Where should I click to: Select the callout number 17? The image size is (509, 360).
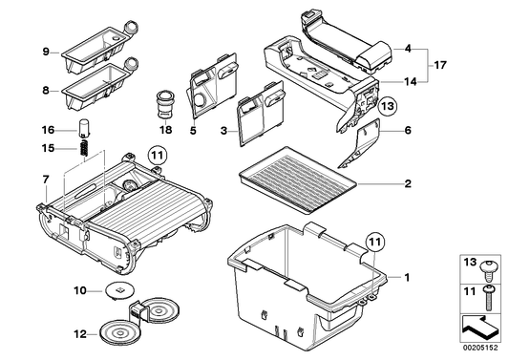click(440, 65)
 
